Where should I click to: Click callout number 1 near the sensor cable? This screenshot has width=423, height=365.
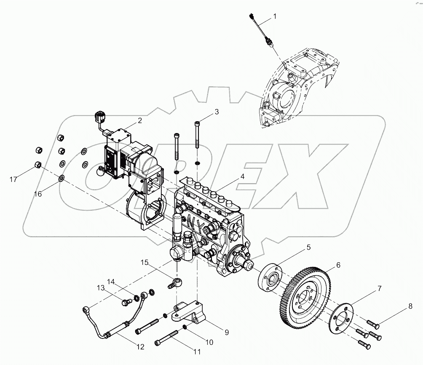pos(275,16)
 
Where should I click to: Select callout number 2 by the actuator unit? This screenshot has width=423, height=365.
pos(139,120)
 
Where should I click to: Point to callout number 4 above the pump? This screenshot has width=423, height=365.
pos(242,177)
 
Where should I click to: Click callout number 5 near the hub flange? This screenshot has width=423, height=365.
pos(308,248)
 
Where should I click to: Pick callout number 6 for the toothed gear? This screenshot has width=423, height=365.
pos(338,265)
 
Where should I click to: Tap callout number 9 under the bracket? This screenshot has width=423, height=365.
pos(226,332)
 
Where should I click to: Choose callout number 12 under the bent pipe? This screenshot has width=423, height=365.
pos(140,347)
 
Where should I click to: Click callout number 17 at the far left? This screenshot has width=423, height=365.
pos(13,179)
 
